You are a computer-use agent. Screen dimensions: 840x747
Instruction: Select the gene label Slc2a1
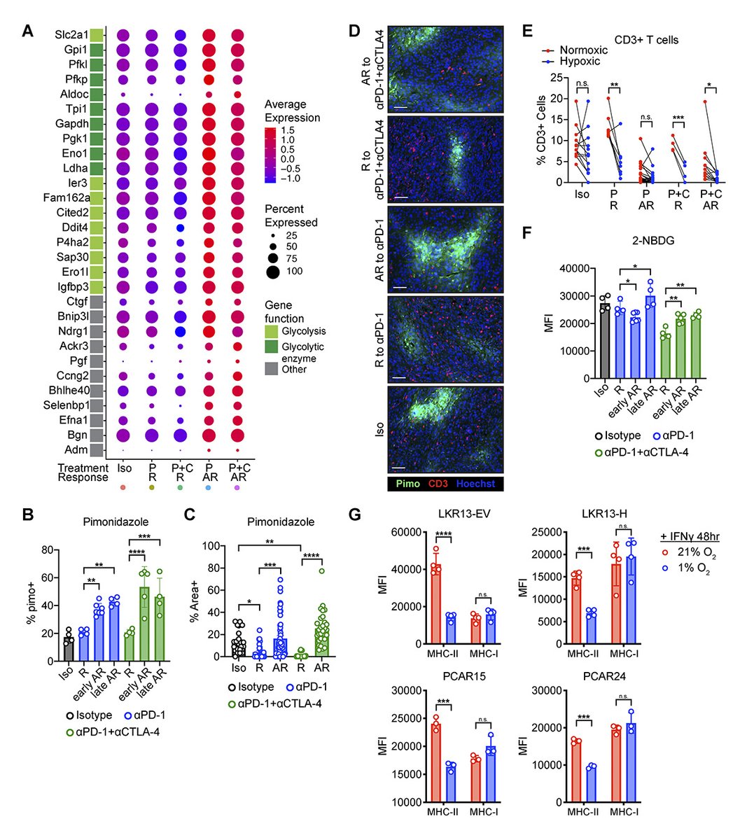tap(71, 34)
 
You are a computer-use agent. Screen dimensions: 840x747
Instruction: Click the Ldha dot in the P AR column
tap(209, 168)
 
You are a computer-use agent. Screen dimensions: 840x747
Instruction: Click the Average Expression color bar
tap(270, 155)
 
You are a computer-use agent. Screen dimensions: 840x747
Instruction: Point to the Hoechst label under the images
tap(476, 484)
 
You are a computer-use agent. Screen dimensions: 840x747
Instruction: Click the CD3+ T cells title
tap(646, 40)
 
